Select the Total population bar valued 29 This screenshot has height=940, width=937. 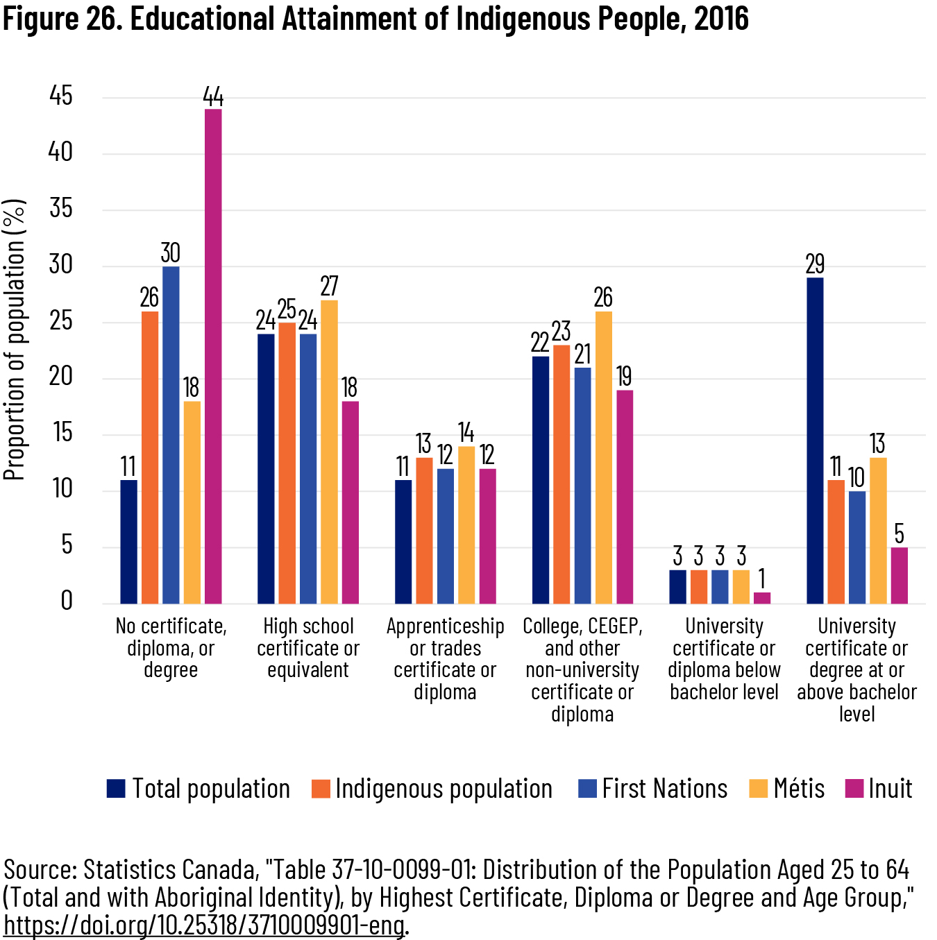(x=815, y=441)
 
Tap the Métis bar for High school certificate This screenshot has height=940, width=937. (x=329, y=452)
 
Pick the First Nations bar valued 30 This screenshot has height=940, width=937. (x=171, y=435)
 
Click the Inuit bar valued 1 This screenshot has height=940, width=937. (x=762, y=598)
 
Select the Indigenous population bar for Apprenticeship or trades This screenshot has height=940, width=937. (x=424, y=531)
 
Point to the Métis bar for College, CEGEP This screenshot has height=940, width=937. (x=603, y=457)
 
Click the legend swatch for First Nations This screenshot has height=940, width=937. (x=587, y=789)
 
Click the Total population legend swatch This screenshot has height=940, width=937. (x=116, y=789)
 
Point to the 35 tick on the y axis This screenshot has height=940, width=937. (x=61, y=208)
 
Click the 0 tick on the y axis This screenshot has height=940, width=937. (x=67, y=601)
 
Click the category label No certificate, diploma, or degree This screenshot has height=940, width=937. (x=171, y=648)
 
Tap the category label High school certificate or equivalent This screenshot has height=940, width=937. (x=308, y=648)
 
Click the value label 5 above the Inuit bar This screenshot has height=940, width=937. (x=900, y=534)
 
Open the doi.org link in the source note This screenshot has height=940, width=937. (x=205, y=925)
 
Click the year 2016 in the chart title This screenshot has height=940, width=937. (x=721, y=19)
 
